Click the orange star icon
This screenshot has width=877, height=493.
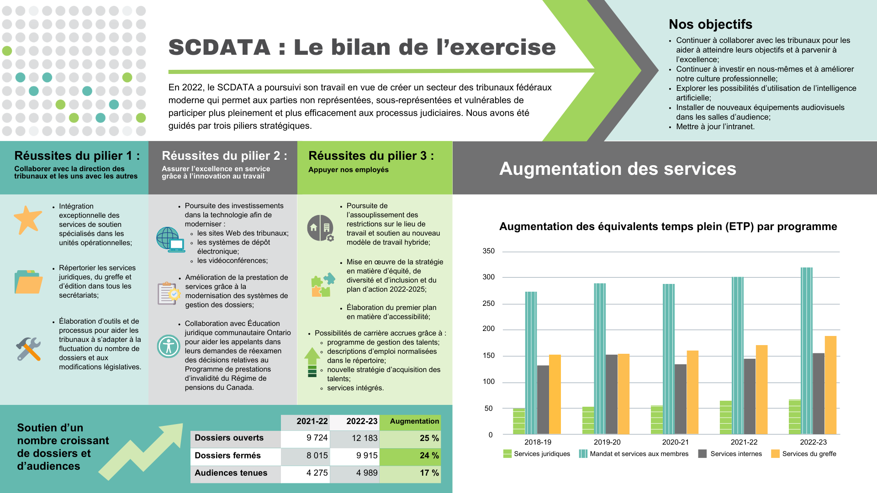(28, 220)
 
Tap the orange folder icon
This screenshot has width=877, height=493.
(28, 282)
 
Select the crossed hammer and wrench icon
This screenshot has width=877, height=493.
(28, 349)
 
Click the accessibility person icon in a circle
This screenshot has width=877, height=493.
(169, 346)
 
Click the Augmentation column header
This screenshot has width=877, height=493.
(414, 421)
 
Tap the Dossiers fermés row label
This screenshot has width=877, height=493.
(227, 456)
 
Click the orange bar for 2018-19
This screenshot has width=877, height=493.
(555, 394)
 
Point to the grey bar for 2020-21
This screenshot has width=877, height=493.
(680, 399)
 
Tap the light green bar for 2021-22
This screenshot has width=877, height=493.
(725, 418)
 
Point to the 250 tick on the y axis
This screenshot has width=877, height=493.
(488, 304)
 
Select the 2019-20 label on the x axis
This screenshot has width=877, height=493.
(607, 442)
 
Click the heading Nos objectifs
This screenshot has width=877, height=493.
(710, 24)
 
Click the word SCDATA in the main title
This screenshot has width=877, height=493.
(219, 47)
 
